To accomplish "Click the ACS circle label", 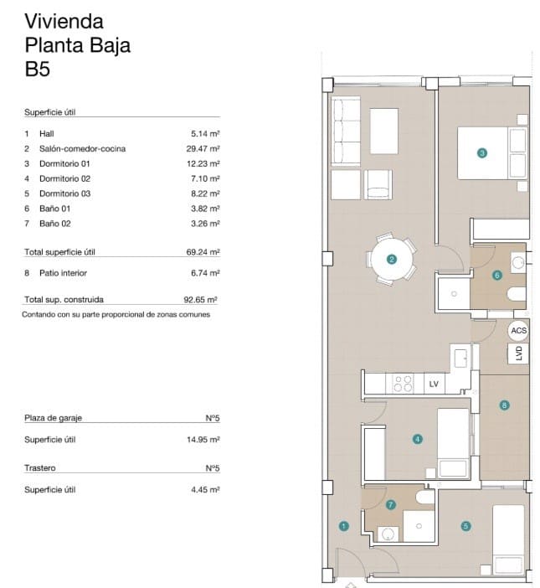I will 518,331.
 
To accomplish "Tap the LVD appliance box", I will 518,353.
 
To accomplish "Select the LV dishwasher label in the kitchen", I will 433,384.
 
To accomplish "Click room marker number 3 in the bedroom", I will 481,152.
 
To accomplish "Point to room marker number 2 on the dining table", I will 391,260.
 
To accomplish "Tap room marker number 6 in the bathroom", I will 496,275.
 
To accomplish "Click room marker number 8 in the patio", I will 503,405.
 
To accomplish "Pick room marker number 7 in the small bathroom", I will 391,504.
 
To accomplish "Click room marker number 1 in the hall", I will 343,526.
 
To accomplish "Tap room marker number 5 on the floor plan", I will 465,526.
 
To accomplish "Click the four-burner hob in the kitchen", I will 403,384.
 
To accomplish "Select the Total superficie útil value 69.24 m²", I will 203,251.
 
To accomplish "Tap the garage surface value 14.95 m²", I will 203,439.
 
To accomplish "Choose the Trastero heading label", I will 40,468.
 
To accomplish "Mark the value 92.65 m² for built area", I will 202,299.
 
